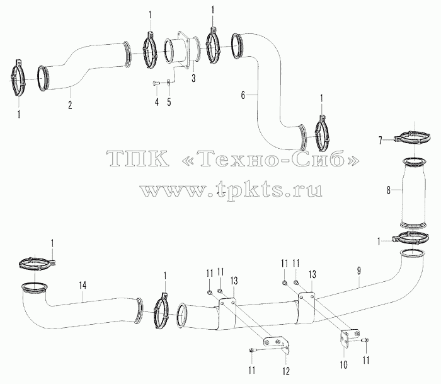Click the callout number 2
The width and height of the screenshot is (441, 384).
click(x=70, y=105)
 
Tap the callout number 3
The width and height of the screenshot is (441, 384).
click(x=193, y=78)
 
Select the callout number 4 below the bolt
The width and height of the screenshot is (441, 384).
click(x=157, y=102)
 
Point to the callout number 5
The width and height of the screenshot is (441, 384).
click(x=169, y=102)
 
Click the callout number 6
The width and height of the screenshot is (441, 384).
click(x=243, y=95)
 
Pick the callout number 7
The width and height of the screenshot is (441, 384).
click(x=381, y=140)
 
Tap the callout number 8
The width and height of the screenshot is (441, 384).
click(x=389, y=190)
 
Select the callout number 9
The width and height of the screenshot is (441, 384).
click(x=359, y=271)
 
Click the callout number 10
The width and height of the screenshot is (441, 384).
click(x=344, y=364)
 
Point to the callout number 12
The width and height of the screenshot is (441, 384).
click(x=286, y=371)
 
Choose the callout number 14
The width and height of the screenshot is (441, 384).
click(x=83, y=286)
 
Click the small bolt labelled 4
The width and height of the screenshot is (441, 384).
click(x=156, y=83)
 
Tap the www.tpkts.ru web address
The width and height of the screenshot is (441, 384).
click(x=231, y=190)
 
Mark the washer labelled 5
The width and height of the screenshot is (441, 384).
click(x=168, y=82)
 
